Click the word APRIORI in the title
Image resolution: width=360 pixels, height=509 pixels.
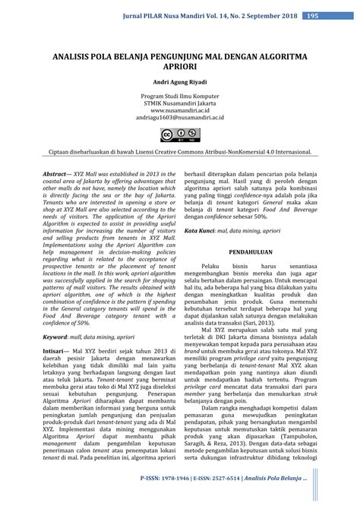click(x=179, y=67)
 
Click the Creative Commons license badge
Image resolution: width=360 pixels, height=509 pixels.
click(x=179, y=135)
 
